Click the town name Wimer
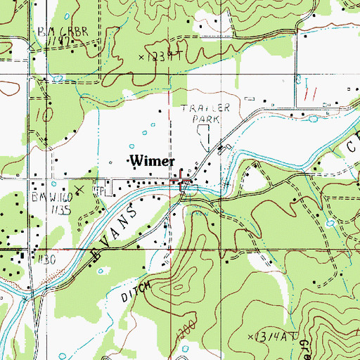152,161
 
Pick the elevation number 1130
46,259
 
